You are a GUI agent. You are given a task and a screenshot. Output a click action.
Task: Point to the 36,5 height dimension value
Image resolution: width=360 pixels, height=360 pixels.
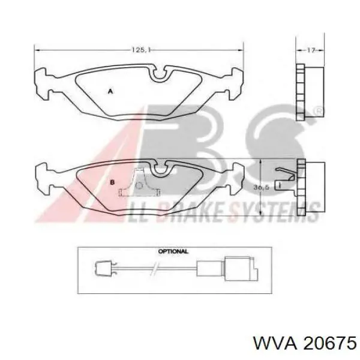261,187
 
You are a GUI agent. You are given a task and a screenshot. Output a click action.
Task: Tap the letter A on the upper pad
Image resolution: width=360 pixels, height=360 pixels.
109,91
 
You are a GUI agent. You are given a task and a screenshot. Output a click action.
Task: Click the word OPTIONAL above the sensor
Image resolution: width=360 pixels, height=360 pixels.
173,251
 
